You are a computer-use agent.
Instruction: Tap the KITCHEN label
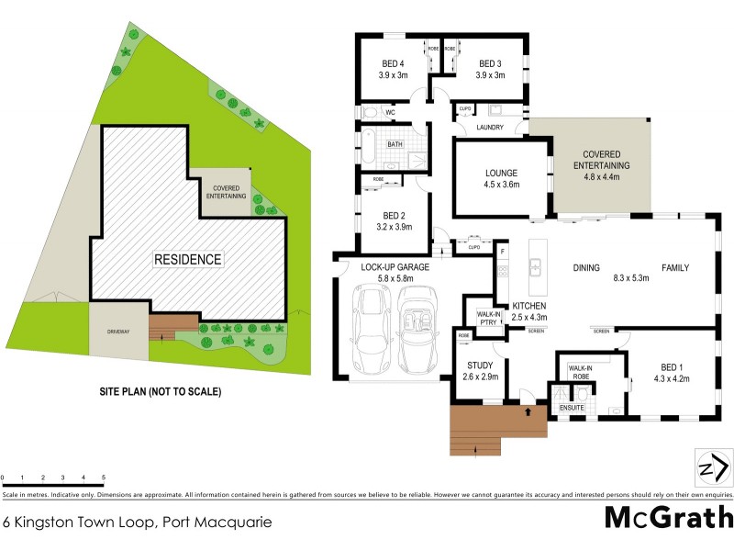[529, 305]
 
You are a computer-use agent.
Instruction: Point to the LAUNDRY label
[489, 127]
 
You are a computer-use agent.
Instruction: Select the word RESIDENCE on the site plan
[188, 260]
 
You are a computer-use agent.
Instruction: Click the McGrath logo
[668, 518]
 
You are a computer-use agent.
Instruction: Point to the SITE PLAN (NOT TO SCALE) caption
[161, 391]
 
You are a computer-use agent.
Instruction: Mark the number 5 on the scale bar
[104, 478]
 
